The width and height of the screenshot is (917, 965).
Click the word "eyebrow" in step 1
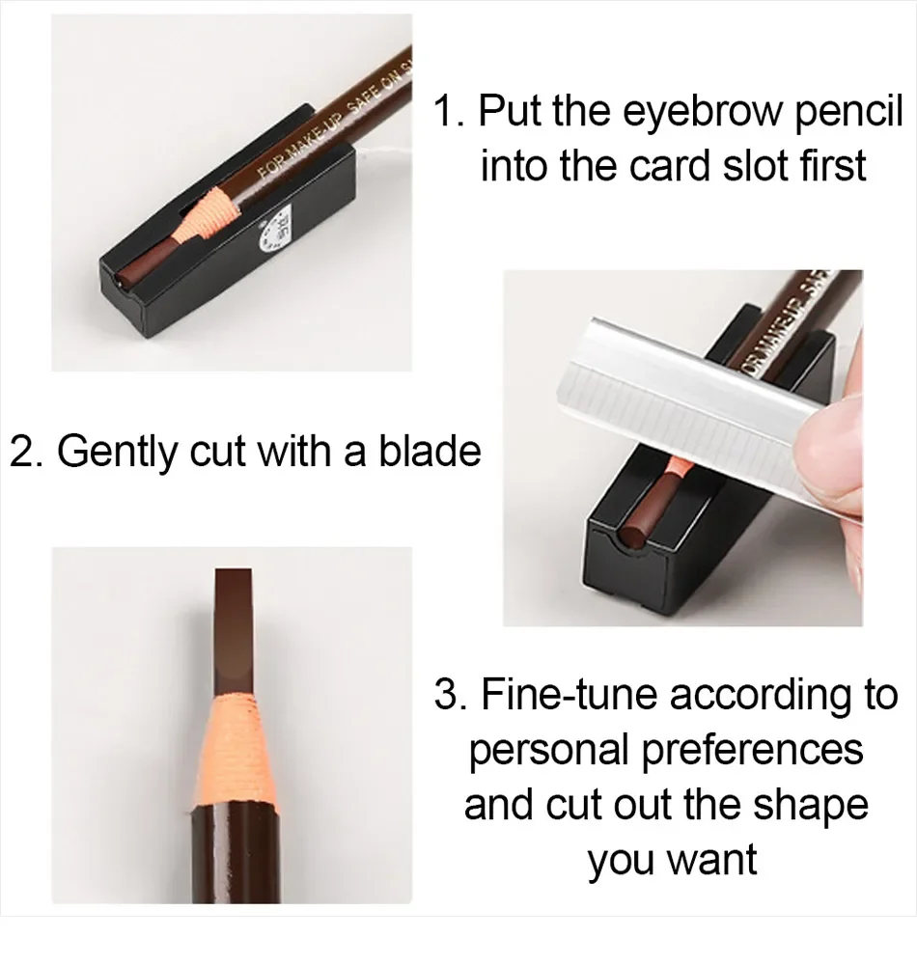pos(701,114)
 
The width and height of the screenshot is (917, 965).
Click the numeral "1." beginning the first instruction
pos(449,113)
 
